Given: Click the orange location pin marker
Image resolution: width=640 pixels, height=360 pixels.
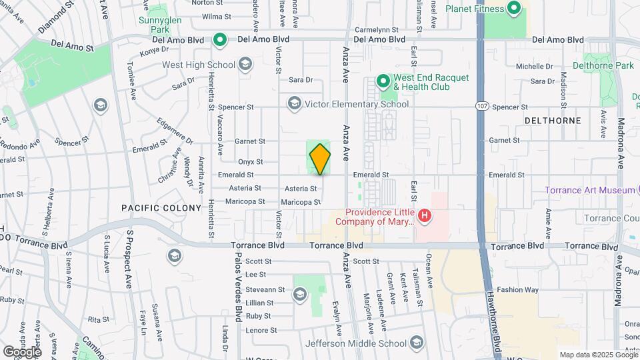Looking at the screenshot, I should pyautogui.click(x=320, y=159).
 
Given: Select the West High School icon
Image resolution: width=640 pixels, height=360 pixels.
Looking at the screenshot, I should pyautogui.click(x=245, y=65).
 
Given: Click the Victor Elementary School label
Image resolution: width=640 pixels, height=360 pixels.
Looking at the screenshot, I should pyautogui.click(x=356, y=104).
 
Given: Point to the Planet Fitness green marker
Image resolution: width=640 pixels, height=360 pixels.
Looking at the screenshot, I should pyautogui.click(x=514, y=9).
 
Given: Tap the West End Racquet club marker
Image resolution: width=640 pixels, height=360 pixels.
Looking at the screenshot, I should pyautogui.click(x=383, y=81).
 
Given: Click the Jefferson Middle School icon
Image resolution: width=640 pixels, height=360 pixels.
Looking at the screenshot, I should pyautogui.click(x=417, y=343).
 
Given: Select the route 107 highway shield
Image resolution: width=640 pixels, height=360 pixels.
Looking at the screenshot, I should pyautogui.click(x=481, y=106).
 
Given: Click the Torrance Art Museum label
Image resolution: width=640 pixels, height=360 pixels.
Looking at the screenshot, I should pyautogui.click(x=589, y=190).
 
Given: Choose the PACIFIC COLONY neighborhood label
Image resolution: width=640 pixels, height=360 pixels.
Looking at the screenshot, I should pyautogui.click(x=161, y=208).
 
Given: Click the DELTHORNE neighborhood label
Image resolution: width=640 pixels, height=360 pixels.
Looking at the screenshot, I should pyautogui.click(x=553, y=121).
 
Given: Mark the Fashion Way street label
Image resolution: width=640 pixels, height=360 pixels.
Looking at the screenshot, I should pyautogui.click(x=517, y=290).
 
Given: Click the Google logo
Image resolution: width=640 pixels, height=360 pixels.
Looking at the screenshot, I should pyautogui.click(x=21, y=351).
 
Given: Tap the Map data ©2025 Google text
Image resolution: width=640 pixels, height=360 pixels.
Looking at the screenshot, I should pyautogui.click(x=599, y=355).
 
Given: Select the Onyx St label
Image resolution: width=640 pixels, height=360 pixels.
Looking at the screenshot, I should pyautogui.click(x=250, y=162).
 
